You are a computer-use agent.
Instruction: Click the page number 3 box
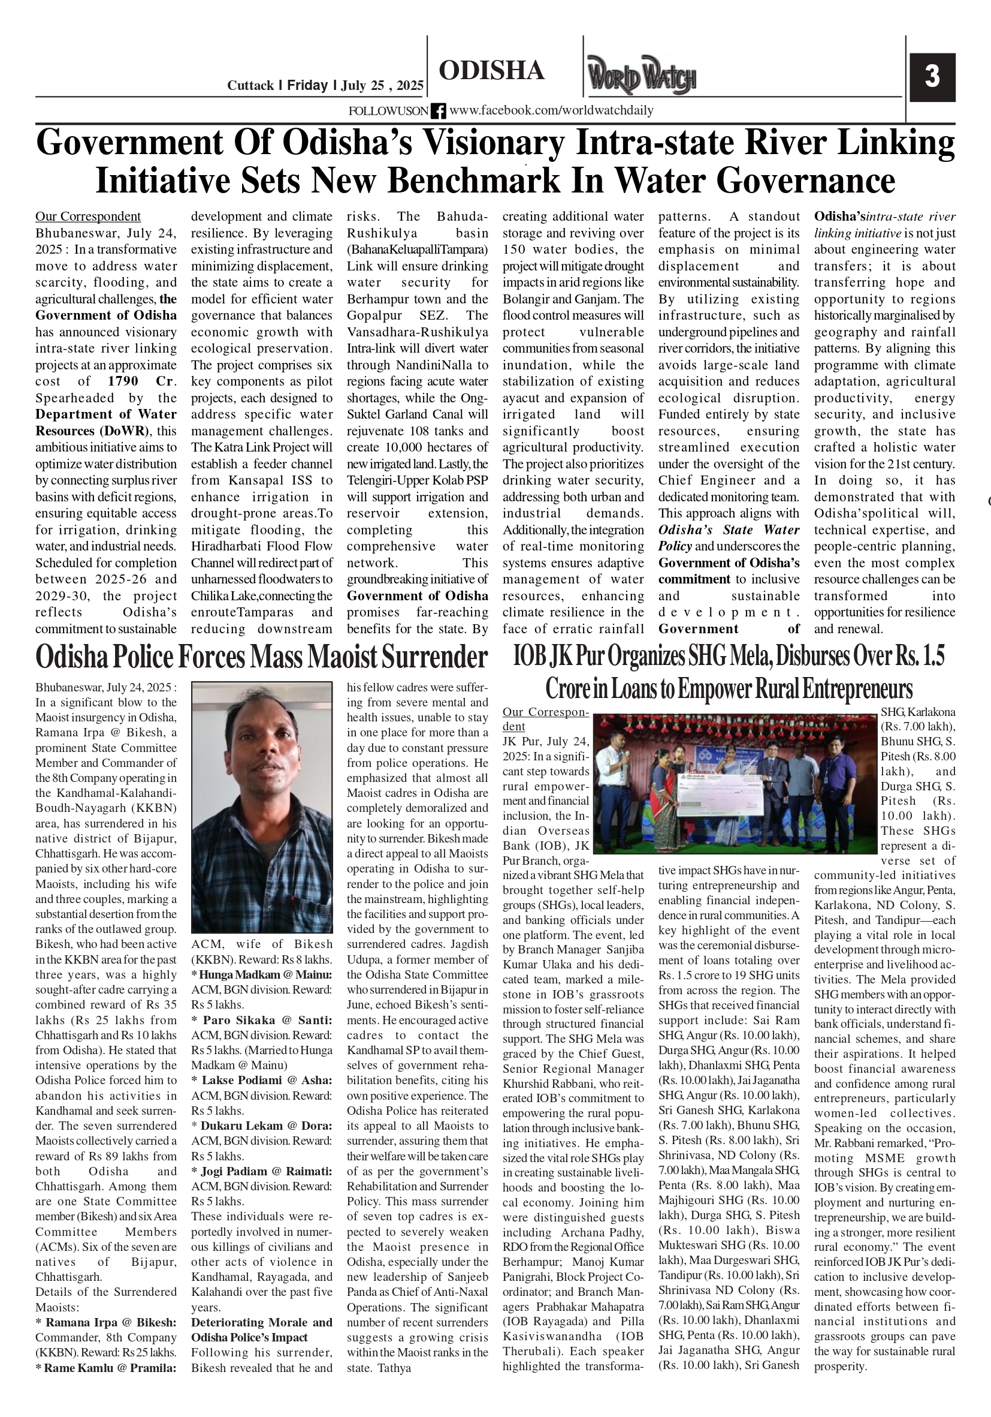coord(932,77)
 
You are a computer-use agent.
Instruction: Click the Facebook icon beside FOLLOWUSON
coord(438,111)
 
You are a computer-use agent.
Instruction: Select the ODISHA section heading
coord(491,70)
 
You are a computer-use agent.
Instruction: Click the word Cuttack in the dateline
coord(250,86)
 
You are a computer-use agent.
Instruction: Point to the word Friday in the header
coord(307,85)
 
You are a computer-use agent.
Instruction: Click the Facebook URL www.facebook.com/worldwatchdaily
coord(551,110)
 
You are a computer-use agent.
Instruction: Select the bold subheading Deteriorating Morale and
coord(261,1323)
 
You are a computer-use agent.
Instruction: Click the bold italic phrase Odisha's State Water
coord(729,530)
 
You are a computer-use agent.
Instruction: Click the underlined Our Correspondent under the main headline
coord(87,216)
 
